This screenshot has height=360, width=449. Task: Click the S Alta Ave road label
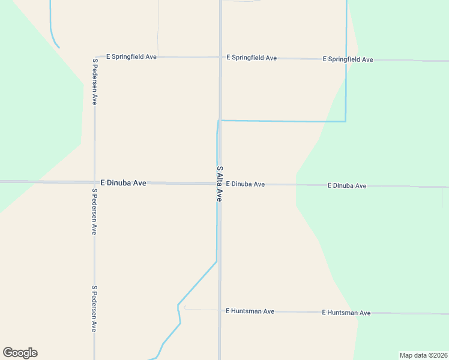point(220,184)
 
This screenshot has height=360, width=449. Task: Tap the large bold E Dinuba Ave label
point(123,183)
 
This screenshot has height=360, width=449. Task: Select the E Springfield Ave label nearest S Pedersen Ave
point(131,57)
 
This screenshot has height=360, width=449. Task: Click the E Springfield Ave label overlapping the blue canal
point(348,59)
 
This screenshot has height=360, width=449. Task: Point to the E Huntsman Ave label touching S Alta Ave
point(250,311)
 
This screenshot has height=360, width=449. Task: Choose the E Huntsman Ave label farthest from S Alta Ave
point(346,313)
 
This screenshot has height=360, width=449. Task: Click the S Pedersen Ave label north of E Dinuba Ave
point(95,82)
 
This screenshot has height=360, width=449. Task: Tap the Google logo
point(20,353)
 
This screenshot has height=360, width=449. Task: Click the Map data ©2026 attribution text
point(423,355)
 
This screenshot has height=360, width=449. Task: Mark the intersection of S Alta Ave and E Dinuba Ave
point(220,184)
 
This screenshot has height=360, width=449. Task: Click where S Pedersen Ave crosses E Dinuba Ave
point(94,182)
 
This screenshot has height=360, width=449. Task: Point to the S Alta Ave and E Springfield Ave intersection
point(220,58)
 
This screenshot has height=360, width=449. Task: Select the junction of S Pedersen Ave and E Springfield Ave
point(95,57)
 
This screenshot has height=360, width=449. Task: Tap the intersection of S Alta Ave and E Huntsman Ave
point(220,311)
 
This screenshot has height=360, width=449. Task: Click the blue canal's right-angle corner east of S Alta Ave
point(346,121)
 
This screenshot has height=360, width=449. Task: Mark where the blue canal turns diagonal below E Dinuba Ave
point(216,261)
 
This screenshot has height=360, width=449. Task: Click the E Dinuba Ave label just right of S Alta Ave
point(246,184)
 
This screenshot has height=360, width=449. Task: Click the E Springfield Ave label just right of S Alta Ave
point(252,58)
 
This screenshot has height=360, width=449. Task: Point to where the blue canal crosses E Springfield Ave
point(346,59)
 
